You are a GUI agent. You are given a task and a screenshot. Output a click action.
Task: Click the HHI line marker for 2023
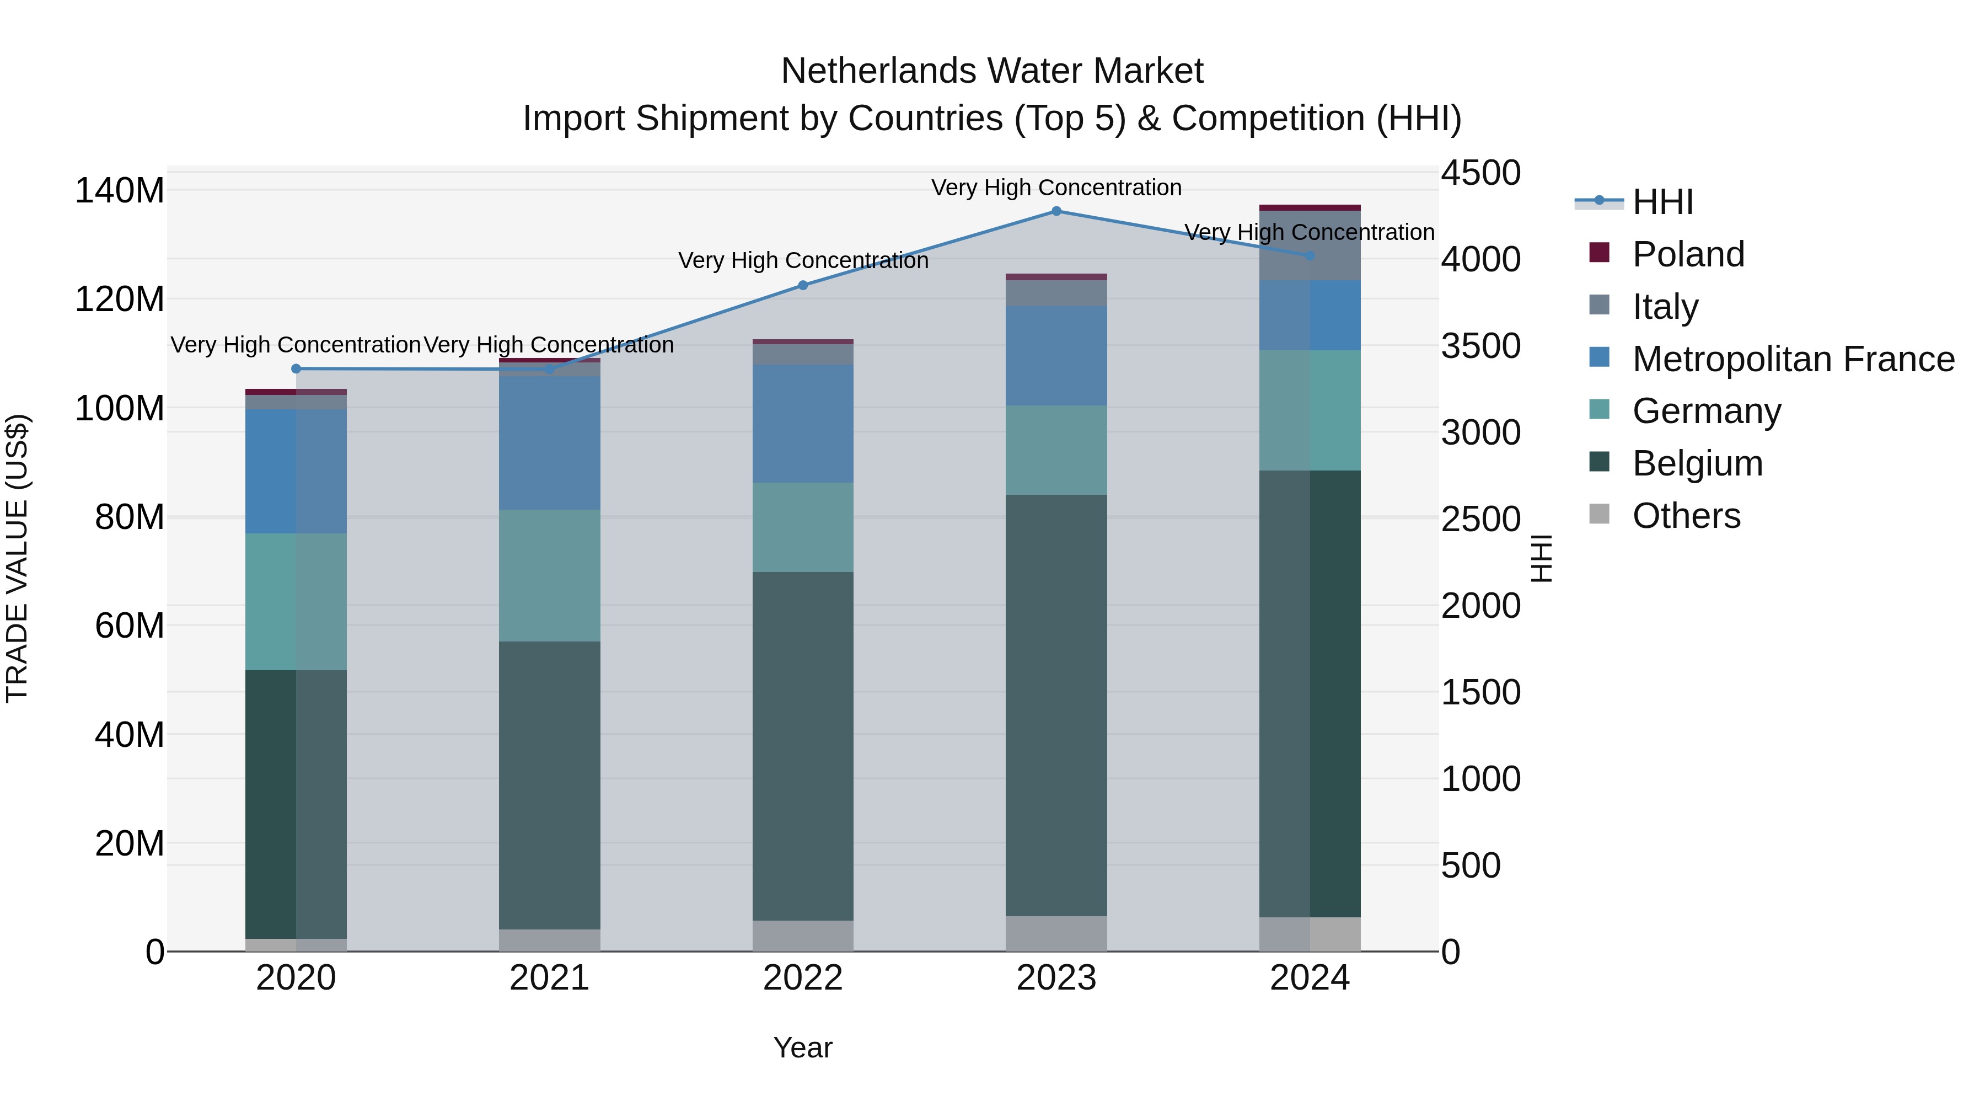pyautogui.click(x=1056, y=211)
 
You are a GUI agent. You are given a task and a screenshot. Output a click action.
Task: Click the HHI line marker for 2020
pyautogui.click(x=296, y=368)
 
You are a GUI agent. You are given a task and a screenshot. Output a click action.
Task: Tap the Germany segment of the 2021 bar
pyautogui.click(x=549, y=575)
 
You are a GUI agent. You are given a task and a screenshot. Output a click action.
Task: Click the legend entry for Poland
pyautogui.click(x=1688, y=254)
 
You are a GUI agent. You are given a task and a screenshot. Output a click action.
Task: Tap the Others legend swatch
pyautogui.click(x=1599, y=514)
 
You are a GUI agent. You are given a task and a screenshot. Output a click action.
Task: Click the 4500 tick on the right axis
pyautogui.click(x=1480, y=173)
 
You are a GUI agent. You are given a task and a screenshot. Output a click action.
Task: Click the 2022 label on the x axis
pyautogui.click(x=802, y=978)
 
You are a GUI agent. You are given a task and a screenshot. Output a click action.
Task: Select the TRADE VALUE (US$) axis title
pyautogui.click(x=17, y=558)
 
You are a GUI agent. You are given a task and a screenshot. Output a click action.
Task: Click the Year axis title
pyautogui.click(x=802, y=1047)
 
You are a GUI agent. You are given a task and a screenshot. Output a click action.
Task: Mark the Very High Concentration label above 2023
pyautogui.click(x=1056, y=188)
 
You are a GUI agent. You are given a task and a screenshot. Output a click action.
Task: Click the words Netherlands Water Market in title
pyautogui.click(x=992, y=71)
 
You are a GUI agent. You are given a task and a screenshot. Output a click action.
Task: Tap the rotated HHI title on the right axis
pyautogui.click(x=1541, y=558)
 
